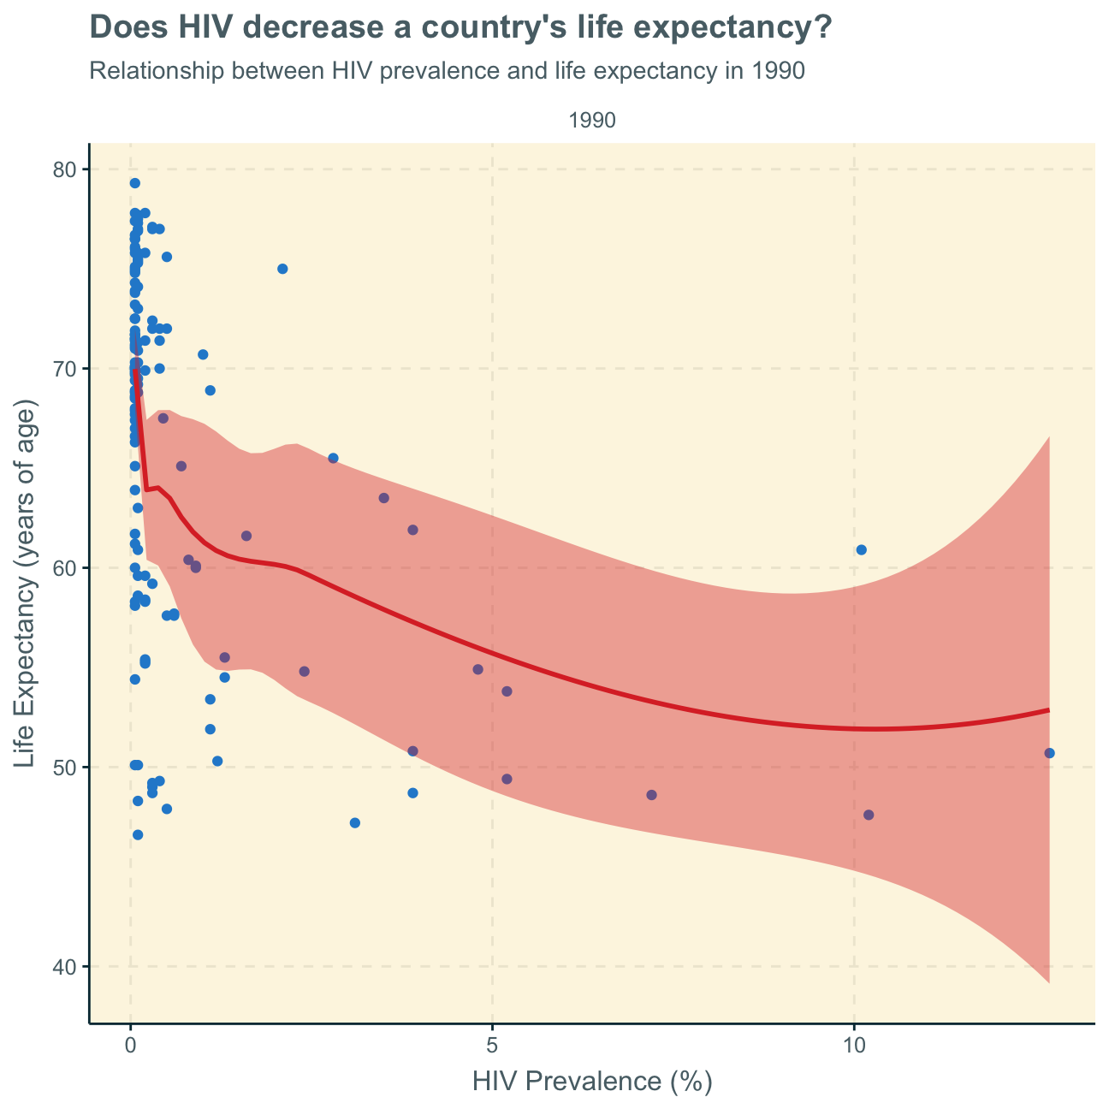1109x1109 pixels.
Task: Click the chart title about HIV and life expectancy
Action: click(460, 28)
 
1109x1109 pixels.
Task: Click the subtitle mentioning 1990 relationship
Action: click(447, 71)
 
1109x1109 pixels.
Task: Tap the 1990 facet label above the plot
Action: click(592, 122)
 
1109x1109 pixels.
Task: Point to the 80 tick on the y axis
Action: click(67, 169)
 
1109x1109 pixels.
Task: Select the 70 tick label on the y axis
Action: click(67, 369)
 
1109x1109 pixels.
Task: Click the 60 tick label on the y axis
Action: click(67, 568)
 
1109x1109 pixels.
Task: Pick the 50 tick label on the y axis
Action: click(67, 768)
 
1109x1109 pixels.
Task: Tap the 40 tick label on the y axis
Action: click(67, 967)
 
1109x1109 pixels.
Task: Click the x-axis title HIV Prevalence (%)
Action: click(592, 1082)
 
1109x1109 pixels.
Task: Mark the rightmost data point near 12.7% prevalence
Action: click(1050, 753)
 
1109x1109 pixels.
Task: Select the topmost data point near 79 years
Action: click(134, 183)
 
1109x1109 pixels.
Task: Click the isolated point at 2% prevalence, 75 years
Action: click(282, 269)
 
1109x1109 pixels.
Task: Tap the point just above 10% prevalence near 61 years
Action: click(862, 549)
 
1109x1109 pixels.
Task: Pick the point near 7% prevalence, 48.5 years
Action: click(651, 795)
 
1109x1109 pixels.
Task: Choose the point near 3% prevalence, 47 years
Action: click(355, 823)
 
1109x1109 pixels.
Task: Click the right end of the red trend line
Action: click(1048, 710)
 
